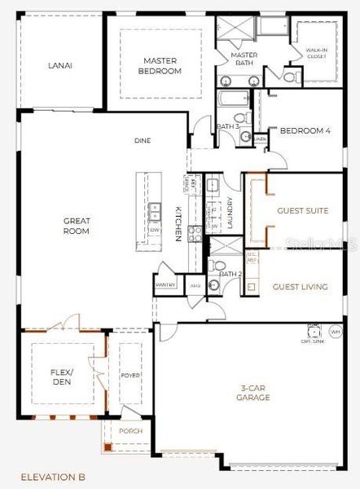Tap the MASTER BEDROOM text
(161, 66)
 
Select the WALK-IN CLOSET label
(316, 54)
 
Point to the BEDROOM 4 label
(305, 131)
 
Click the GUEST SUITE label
(303, 211)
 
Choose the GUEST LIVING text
(300, 287)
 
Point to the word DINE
(143, 141)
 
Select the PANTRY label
(165, 285)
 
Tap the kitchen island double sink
(155, 211)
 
